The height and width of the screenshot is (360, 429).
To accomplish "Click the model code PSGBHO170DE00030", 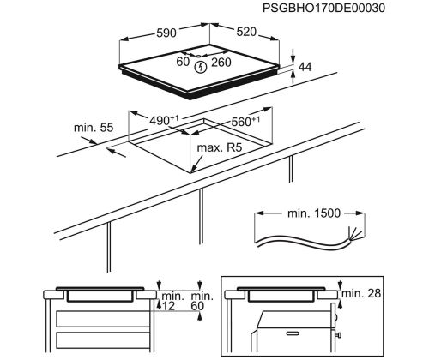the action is tap(323, 8).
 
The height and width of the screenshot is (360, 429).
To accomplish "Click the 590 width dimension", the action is tap(166, 33).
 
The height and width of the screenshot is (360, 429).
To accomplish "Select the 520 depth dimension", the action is tap(246, 32).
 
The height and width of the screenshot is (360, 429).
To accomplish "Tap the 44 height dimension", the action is tap(305, 67).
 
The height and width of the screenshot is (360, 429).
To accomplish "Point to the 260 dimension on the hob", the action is tap(221, 63).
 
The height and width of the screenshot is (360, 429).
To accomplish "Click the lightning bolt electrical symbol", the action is tap(201, 68).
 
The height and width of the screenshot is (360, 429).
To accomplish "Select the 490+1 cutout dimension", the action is tap(164, 121).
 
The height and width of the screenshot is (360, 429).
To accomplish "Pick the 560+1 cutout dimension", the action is tap(245, 122).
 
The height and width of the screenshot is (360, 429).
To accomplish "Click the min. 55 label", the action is tap(94, 128).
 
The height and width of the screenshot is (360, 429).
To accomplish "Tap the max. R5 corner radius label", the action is tap(220, 147).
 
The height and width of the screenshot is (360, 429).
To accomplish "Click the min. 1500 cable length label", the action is tap(314, 213).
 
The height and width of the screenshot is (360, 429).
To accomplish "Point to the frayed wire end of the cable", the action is tap(355, 232).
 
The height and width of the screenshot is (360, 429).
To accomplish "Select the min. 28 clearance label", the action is tap(361, 293).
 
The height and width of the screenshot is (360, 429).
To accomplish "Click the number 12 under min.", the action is tap(168, 306).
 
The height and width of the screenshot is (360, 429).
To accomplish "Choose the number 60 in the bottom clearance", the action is tap(197, 306).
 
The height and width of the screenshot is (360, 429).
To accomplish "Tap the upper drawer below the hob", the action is tap(103, 319).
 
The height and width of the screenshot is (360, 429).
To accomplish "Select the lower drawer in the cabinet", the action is tap(103, 340).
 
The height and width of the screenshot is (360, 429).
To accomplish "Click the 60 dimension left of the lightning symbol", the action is tap(183, 62).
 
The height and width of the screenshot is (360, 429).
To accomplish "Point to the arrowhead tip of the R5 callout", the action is tap(191, 173).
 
